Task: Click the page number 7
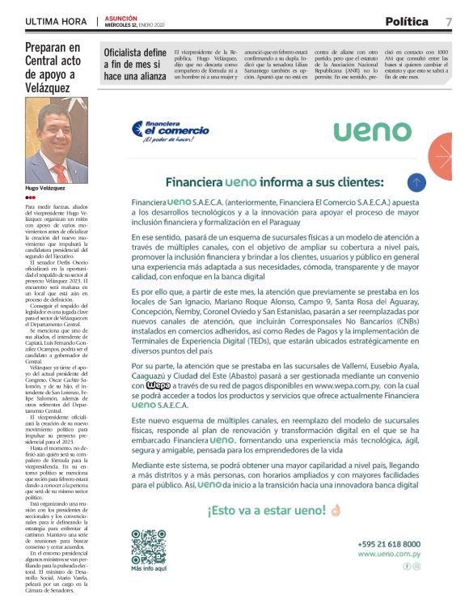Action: pos(448,21)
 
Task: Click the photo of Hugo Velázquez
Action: pos(57,141)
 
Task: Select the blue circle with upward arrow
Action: pos(416,182)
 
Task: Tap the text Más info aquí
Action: pos(148,569)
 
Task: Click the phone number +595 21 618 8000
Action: pos(388,544)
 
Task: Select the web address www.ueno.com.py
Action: pos(388,554)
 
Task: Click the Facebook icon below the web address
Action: pos(407,566)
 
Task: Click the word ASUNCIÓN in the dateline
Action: pos(121,18)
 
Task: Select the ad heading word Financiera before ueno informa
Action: pos(193,182)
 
